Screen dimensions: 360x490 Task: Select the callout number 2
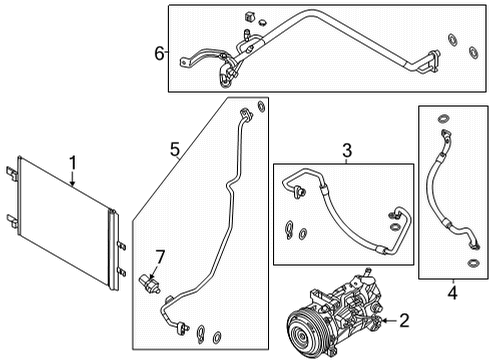click(403, 320)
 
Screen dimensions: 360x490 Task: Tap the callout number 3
click(347, 151)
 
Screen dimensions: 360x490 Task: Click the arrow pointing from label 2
click(385, 320)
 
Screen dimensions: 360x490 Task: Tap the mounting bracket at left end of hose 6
click(187, 64)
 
